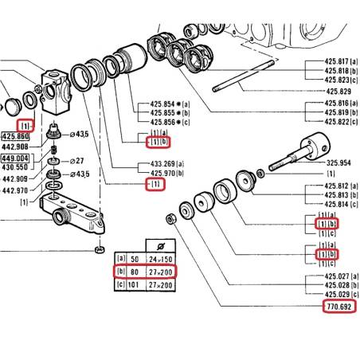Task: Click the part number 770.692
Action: tap(339, 307)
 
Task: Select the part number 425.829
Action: tap(338, 92)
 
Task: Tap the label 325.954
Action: tap(338, 162)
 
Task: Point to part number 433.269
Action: tap(162, 164)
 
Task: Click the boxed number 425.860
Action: tap(15, 136)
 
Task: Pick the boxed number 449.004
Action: tap(15, 158)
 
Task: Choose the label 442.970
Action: tap(15, 190)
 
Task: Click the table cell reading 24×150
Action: tap(160, 259)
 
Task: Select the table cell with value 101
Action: tap(133, 285)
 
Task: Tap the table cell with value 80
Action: tap(135, 272)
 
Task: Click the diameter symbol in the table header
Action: tap(161, 246)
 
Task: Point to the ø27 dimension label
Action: tap(76, 161)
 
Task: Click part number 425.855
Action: tap(162, 113)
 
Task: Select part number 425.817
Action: tap(337, 61)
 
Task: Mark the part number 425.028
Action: tap(337, 285)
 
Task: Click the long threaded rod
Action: tap(243, 76)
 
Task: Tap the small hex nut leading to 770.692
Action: tap(170, 219)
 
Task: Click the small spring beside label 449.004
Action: tap(54, 150)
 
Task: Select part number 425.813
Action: tap(337, 195)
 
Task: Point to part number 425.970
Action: tap(162, 174)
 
